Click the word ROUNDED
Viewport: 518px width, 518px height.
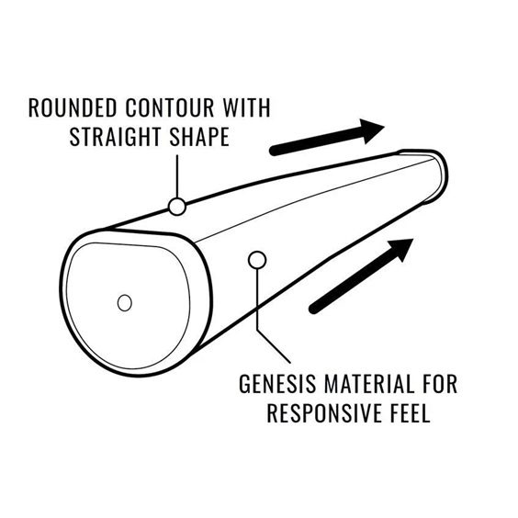[x=73, y=107]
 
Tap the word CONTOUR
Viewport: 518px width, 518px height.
[x=170, y=107]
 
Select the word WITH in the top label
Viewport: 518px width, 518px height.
[x=247, y=107]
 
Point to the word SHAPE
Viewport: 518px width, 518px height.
[x=199, y=137]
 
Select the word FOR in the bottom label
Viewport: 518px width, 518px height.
[x=440, y=384]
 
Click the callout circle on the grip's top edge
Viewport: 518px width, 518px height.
[x=177, y=207]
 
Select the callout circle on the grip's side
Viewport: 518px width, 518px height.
[x=257, y=260]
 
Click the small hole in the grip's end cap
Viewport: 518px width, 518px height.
[x=125, y=302]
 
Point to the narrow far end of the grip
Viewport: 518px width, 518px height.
[x=438, y=175]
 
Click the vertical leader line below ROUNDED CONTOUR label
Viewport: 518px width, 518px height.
[x=177, y=176]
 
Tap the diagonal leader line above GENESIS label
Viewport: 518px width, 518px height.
[x=274, y=346]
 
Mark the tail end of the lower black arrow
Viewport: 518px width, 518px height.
[x=313, y=310]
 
